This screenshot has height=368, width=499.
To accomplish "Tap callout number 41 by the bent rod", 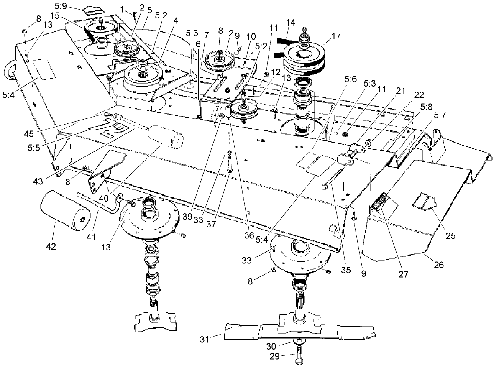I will click(91, 237).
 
